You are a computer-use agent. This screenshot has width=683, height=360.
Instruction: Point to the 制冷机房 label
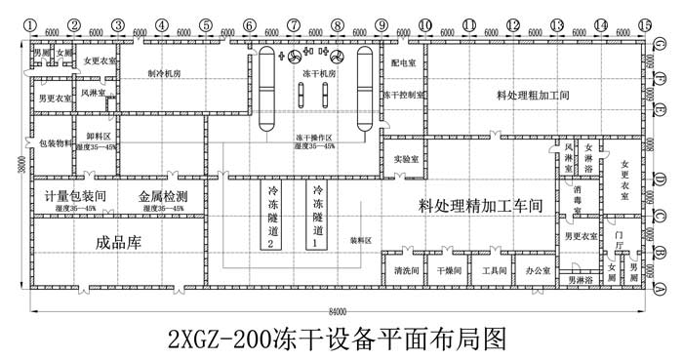pos(165,73)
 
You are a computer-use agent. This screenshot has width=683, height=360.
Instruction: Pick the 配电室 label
pos(403,62)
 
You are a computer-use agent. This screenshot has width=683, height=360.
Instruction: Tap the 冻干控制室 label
pos(403,96)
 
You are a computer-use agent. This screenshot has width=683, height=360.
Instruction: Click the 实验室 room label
pos(407,157)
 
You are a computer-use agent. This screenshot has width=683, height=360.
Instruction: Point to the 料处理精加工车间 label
pos(480,206)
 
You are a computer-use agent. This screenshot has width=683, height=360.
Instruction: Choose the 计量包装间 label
pos(76,196)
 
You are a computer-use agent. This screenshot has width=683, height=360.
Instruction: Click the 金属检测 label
pos(163,196)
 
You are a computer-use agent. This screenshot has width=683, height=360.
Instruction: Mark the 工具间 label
pos(494,269)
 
